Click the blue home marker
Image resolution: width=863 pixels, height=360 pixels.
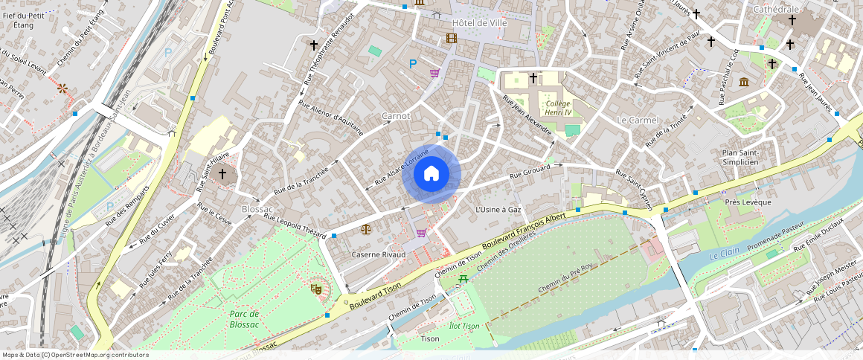click(x=431, y=174)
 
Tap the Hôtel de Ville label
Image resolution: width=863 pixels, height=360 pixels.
click(x=480, y=23)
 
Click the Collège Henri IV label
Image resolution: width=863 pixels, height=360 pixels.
click(x=558, y=108)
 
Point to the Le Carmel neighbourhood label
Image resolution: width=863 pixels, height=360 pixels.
click(x=638, y=120)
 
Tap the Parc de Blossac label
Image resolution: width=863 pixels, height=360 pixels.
click(x=244, y=318)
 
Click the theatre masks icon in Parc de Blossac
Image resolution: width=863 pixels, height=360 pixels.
click(x=316, y=288)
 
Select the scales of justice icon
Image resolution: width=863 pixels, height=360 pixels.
click(x=365, y=229)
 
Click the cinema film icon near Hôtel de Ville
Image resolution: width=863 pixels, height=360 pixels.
click(x=451, y=38)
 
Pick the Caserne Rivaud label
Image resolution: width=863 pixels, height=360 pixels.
click(x=379, y=254)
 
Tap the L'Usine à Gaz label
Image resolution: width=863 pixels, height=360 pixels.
click(x=498, y=210)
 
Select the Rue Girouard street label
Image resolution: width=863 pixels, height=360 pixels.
click(x=530, y=173)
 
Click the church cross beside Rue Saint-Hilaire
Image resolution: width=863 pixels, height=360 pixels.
click(x=222, y=173)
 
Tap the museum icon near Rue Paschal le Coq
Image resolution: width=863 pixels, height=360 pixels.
click(x=743, y=81)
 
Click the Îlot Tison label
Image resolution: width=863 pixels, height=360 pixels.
click(x=464, y=326)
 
